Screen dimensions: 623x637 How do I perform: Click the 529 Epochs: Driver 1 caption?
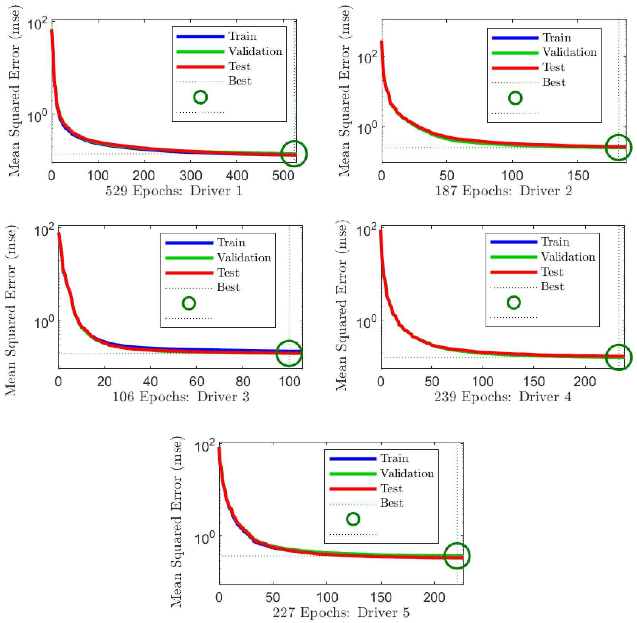click(174, 191)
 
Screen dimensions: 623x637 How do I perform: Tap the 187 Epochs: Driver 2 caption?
click(504, 191)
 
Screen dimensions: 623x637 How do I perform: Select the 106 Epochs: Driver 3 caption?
click(181, 397)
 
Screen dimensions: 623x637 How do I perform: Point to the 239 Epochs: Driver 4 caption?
click(503, 397)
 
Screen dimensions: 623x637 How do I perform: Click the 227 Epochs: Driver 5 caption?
click(341, 612)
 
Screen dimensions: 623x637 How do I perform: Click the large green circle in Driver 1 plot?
click(294, 153)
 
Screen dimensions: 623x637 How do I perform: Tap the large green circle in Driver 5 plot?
click(457, 556)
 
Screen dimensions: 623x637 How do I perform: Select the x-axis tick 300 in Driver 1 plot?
click(190, 176)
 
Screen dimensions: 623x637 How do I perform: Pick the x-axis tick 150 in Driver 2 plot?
click(578, 176)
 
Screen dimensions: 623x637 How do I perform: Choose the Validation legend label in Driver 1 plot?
click(255, 51)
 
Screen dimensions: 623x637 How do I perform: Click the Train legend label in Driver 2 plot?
click(556, 38)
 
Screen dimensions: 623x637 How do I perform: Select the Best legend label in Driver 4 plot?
click(552, 287)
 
